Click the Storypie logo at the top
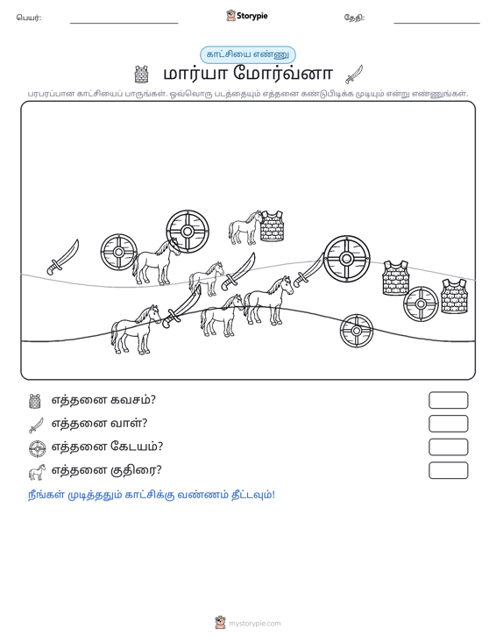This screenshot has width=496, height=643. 247,16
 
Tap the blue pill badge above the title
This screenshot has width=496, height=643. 248,54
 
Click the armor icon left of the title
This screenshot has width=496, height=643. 141,75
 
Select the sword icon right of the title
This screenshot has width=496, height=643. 354,75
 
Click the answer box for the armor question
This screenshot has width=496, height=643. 448,400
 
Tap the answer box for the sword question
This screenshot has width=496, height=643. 448,424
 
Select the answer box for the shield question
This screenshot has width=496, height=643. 448,447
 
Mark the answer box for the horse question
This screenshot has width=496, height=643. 448,470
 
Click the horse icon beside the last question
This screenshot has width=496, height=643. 37,472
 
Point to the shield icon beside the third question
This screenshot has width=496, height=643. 38,448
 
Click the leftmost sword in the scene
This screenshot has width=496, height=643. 63,257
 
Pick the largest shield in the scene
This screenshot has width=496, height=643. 346,259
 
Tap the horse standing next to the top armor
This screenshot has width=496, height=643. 244,228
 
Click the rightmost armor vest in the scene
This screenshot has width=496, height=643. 454,296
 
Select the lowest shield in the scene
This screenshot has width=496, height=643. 357,331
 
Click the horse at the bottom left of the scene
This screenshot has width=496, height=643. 135,330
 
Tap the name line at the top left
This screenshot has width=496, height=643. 124,23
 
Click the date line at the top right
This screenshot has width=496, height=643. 436,23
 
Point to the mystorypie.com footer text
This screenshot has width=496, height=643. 254,624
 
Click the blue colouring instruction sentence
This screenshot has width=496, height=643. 151,495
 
